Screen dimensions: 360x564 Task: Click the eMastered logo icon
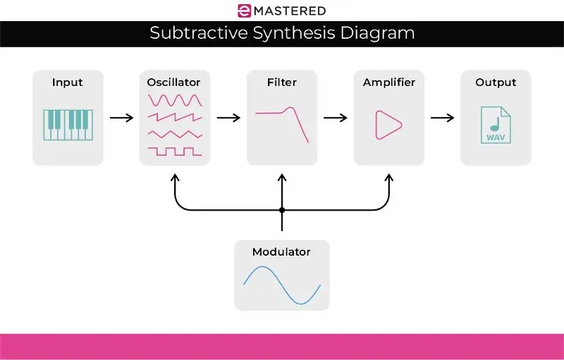244,11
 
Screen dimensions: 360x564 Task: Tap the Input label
68,82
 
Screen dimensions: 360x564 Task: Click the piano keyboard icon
68,124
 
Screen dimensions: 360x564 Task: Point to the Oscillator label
175,82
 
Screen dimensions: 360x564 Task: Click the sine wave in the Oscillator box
175,100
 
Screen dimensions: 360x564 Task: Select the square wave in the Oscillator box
175,151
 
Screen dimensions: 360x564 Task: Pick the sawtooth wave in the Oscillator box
175,117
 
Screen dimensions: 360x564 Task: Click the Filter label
281,82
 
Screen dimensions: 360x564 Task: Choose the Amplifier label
389,82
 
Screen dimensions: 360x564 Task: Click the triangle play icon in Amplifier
387,125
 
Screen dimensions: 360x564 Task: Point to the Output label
496,82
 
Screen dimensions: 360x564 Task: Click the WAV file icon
495,125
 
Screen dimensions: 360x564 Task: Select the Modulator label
281,252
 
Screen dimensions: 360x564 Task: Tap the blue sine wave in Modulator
282,285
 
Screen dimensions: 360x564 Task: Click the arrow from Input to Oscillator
121,118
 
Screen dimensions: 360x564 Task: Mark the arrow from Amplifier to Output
442,118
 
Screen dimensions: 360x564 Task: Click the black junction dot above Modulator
282,210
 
